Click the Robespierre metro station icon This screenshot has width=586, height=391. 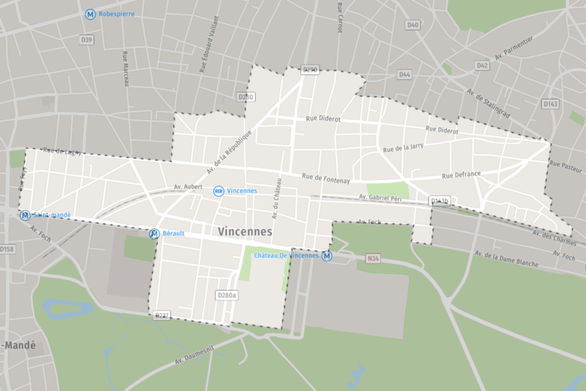click(x=90, y=14)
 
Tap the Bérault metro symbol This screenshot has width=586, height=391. click(x=154, y=234)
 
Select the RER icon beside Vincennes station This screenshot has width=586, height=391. click(x=219, y=191)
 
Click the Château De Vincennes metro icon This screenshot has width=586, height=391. click(x=327, y=256)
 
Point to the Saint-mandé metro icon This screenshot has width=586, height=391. click(x=25, y=215)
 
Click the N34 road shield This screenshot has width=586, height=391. click(x=373, y=259)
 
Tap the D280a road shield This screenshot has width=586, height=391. click(x=227, y=295)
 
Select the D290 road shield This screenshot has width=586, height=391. click(x=310, y=70)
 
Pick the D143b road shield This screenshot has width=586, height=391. click(x=439, y=201)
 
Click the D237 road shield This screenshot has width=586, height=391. click(x=163, y=315)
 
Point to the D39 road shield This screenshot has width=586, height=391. click(x=87, y=40)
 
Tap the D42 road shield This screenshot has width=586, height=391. click(x=482, y=65)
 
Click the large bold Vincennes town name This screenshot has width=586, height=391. click(x=245, y=231)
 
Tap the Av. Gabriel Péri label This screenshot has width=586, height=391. click(x=380, y=197)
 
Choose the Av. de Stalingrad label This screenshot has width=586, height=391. click(x=488, y=103)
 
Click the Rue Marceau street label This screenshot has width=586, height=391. click(x=126, y=69)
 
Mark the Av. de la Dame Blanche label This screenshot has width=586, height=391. click(x=506, y=259)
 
